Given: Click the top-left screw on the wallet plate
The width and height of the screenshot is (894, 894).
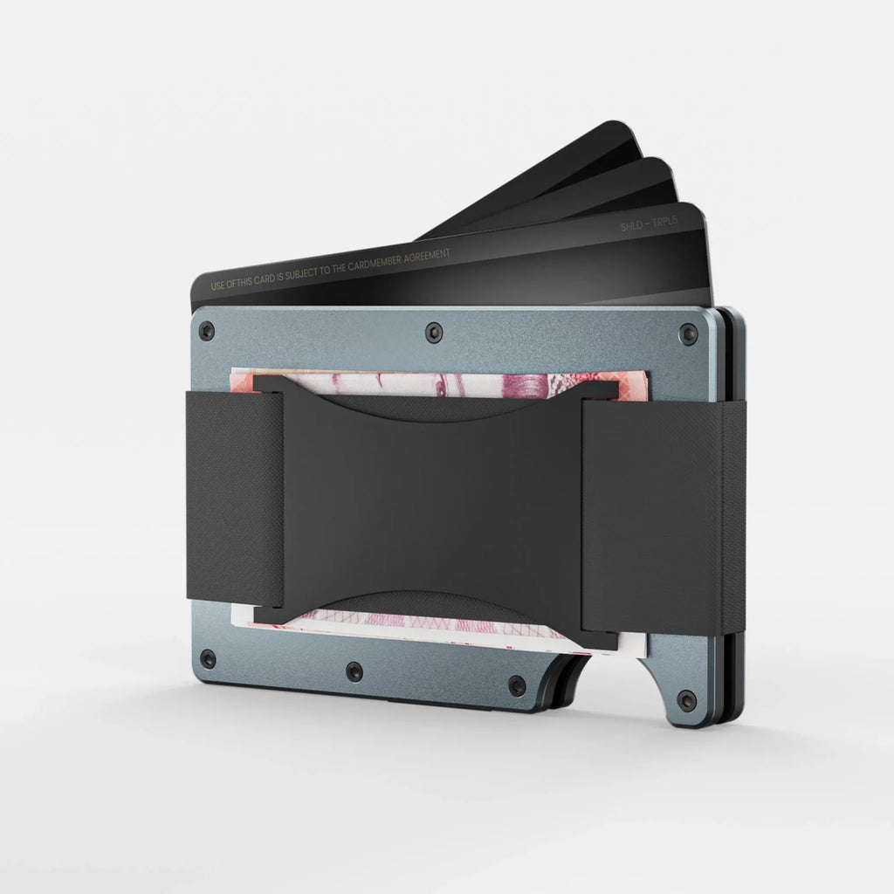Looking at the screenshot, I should tap(206, 330).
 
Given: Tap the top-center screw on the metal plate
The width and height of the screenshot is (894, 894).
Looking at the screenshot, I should tap(435, 331).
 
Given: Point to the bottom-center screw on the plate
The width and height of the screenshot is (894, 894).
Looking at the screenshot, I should tap(354, 670).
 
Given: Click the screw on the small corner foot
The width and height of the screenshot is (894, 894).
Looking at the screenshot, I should tap(688, 699).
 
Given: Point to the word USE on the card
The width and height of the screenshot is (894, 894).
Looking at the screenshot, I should tap(218, 285).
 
